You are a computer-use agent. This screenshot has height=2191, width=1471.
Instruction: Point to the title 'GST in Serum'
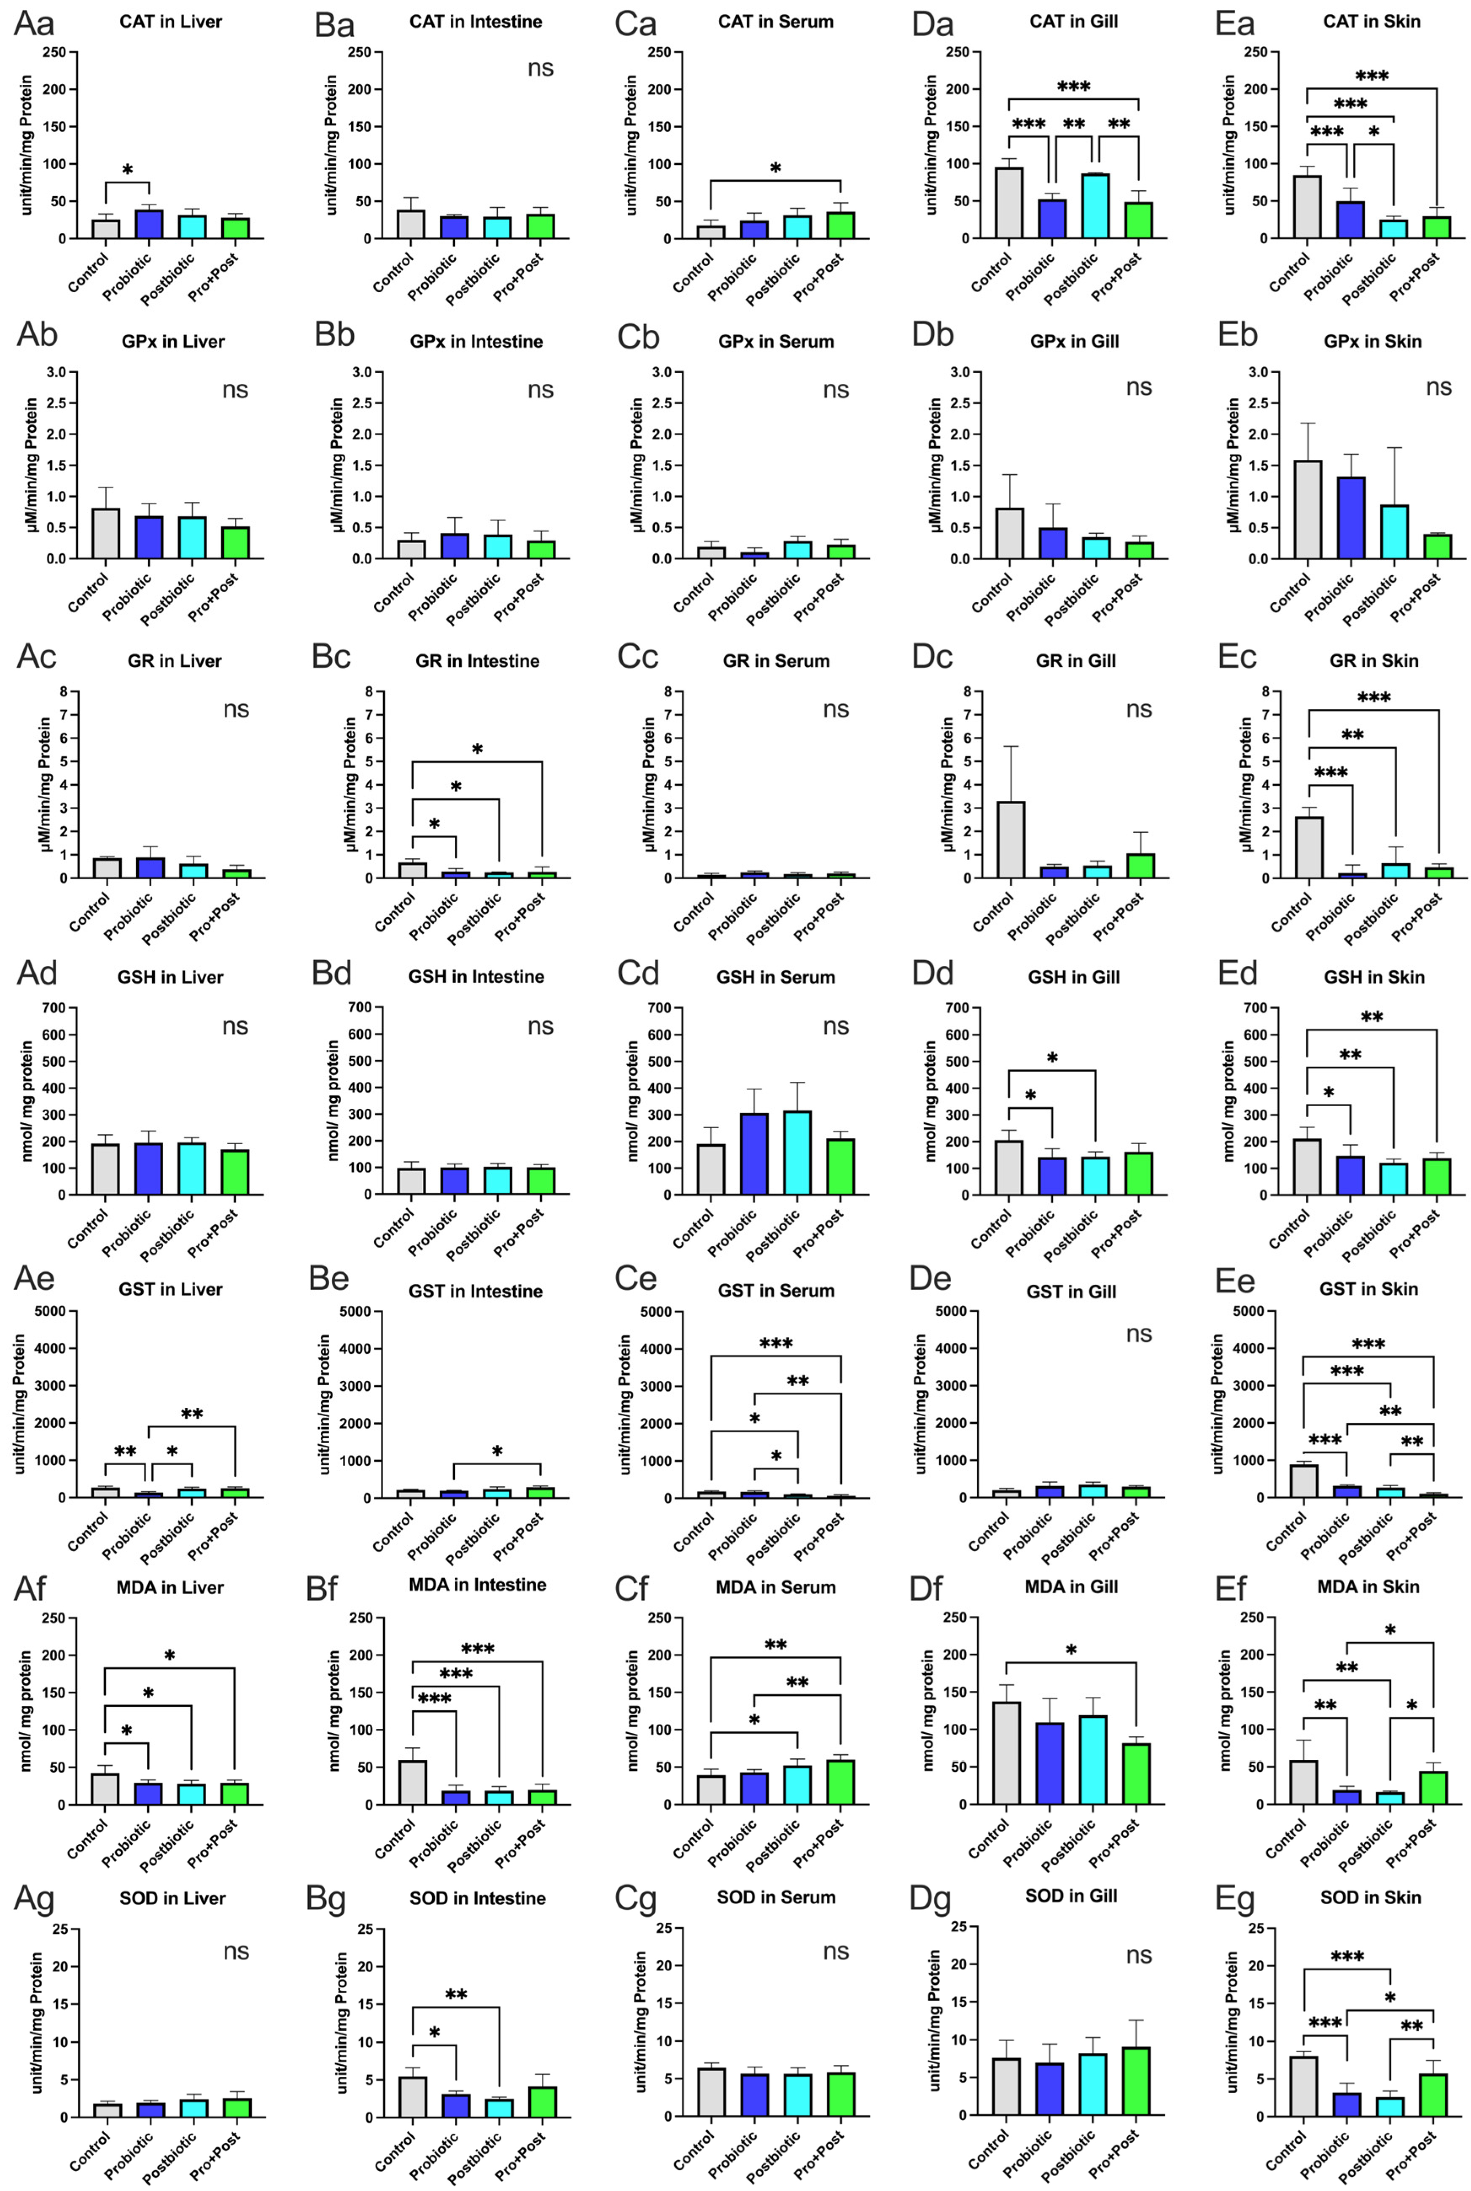tap(776, 1291)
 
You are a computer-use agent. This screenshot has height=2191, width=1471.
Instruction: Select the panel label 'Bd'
tap(331, 973)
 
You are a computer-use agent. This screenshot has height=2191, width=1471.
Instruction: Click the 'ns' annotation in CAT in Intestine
tap(541, 68)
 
